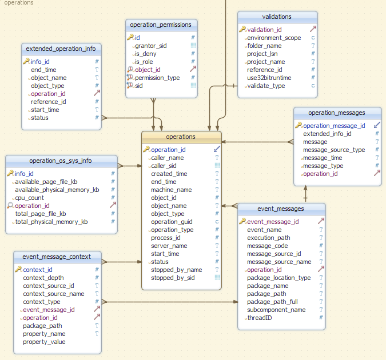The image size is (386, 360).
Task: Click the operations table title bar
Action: coord(181,137)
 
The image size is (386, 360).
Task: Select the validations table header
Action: coord(277,17)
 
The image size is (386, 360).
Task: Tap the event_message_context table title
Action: coord(57,257)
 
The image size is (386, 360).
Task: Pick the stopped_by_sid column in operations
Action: coord(173,278)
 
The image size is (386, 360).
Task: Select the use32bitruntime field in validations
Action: coord(269,78)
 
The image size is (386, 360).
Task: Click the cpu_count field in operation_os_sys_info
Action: coord(29,198)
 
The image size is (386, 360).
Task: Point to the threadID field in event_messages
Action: coord(260,318)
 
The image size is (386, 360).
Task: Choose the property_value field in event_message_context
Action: coord(44,342)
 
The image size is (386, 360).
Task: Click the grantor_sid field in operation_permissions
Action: coord(151,46)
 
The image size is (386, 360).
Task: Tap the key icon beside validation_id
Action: coord(242,30)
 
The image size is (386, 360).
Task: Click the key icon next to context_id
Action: coord(18,270)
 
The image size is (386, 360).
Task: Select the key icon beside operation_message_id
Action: coord(299,126)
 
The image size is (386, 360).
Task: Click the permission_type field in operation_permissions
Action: coord(157,78)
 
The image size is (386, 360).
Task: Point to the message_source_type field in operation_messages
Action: coord(334,150)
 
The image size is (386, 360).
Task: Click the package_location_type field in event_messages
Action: coord(279,278)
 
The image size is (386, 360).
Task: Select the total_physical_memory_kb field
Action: coord(51,222)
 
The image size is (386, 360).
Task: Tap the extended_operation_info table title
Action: coord(61,49)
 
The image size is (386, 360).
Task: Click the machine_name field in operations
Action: coord(172,190)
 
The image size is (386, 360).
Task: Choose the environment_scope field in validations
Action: coord(274,38)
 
